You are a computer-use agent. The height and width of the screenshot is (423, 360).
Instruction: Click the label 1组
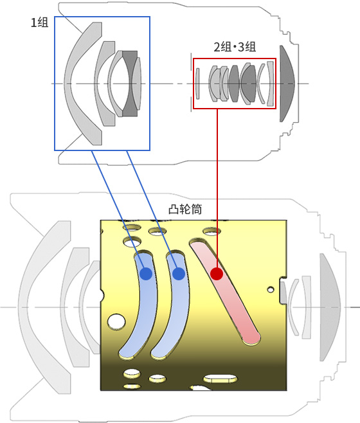[40, 22]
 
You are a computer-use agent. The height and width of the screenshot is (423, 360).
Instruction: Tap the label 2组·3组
[235, 47]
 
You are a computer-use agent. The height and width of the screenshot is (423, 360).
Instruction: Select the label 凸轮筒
[185, 209]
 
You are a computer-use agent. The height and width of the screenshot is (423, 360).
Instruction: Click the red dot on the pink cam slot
[217, 274]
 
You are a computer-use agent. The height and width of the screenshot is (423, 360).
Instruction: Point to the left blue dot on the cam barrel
[146, 274]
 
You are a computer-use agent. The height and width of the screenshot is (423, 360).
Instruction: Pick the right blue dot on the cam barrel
[178, 274]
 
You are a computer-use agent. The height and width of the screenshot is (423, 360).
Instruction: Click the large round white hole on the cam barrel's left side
[116, 321]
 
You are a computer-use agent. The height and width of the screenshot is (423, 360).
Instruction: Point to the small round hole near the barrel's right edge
[271, 290]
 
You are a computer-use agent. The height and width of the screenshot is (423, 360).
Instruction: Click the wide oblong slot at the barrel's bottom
[221, 379]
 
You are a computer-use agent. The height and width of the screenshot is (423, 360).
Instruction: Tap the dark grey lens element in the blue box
[130, 84]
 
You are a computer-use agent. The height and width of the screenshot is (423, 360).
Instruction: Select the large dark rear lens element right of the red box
[287, 84]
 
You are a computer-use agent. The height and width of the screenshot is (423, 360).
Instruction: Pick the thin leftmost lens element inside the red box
[197, 84]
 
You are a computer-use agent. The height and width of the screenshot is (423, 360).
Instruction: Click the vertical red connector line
[217, 189]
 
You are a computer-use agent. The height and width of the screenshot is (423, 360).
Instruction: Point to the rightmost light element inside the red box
[271, 84]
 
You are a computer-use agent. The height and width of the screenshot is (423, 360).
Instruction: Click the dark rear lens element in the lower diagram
[330, 307]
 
